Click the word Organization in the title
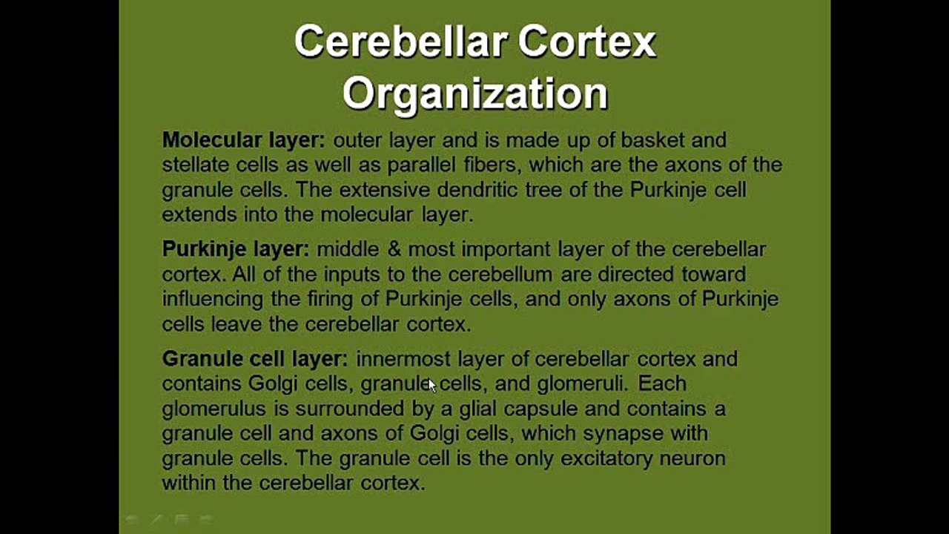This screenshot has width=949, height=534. coord(475,94)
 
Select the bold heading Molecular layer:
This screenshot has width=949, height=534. coord(243,139)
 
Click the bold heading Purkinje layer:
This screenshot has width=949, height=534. coord(236,249)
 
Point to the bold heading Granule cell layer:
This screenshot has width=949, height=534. coord(254,359)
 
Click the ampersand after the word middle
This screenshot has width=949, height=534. coord(394,249)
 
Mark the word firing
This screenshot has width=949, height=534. coord(305,299)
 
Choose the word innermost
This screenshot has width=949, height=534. coord(403,359)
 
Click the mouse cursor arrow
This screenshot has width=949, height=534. coord(432,384)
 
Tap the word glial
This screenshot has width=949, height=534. coord(478,409)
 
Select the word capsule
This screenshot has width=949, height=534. coord(535,409)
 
